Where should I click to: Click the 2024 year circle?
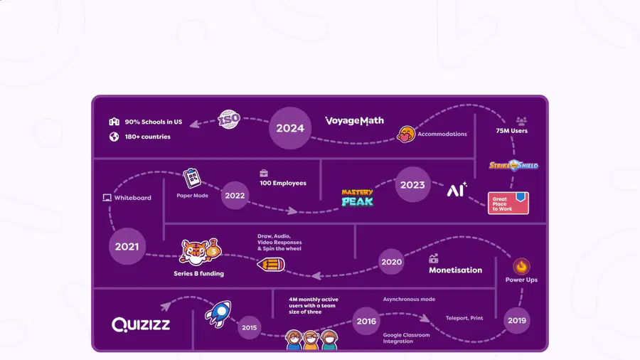[290, 128]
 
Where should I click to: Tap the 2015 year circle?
[250, 327]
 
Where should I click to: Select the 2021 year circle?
[127, 246]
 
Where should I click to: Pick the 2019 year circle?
[517, 320]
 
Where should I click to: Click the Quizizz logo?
[141, 324]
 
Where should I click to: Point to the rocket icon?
[218, 314]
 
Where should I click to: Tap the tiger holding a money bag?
[200, 252]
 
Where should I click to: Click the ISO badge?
[229, 120]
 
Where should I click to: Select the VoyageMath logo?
[354, 121]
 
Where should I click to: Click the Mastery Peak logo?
[357, 198]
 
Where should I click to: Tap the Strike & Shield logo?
[513, 165]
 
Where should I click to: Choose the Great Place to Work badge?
[508, 203]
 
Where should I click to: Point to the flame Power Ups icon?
[521, 267]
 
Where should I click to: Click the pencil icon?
[271, 265]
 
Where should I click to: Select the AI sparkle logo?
[457, 189]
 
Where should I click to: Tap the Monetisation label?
[456, 270]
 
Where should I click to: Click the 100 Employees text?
[283, 184]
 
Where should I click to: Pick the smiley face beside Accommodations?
[406, 134]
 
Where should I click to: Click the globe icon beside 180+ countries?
[114, 137]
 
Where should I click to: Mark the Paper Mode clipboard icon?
[192, 178]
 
